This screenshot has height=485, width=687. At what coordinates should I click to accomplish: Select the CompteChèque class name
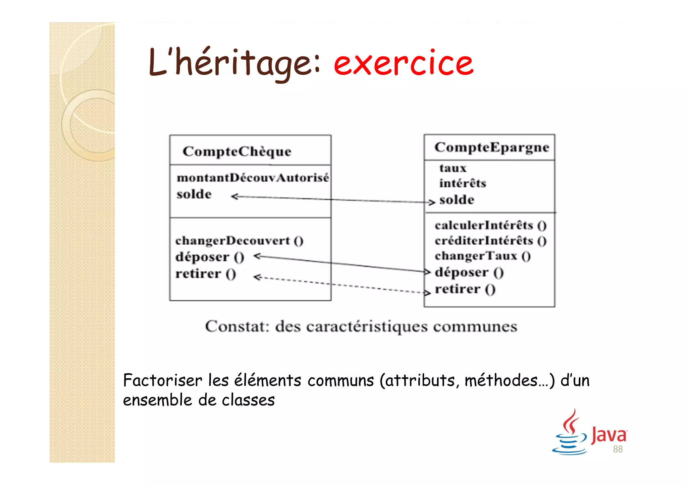(237, 151)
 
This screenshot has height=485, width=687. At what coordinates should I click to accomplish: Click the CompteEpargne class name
(492, 147)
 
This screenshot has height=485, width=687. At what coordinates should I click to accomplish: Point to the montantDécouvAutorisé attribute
(253, 178)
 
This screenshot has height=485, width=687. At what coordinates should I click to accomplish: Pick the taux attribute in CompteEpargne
(453, 168)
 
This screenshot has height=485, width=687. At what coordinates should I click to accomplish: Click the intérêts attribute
(463, 183)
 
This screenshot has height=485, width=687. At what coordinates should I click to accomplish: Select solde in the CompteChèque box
(194, 194)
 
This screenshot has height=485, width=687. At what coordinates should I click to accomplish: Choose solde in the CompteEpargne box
(457, 200)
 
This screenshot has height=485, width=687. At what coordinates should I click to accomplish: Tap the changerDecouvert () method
(239, 241)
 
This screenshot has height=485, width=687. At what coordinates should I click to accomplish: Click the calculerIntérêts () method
(490, 225)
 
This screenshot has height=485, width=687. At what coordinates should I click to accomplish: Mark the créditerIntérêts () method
(490, 241)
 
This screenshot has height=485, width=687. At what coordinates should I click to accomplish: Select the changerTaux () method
(482, 256)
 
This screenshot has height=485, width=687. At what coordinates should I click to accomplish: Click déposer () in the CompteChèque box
(210, 257)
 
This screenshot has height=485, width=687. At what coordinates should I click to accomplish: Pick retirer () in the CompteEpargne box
(465, 289)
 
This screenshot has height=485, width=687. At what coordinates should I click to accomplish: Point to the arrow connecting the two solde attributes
(332, 199)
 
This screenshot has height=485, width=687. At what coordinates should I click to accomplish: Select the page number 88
(618, 449)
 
